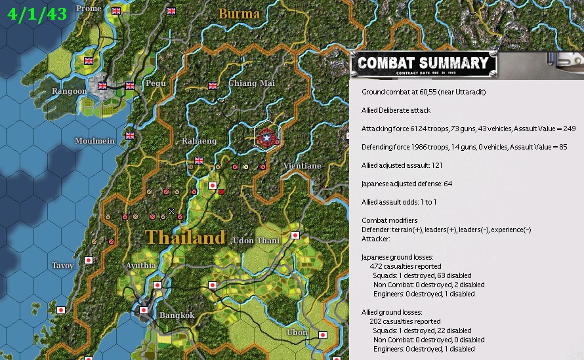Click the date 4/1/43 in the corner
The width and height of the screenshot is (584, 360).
37,14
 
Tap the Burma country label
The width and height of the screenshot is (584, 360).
239,14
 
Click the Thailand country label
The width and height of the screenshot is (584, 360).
185,237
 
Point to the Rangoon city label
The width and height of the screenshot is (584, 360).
70,91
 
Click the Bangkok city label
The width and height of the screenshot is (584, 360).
177,315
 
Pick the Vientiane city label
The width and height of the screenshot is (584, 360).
302,166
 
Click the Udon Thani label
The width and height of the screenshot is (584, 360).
257,241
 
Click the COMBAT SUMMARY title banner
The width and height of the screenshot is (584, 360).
423,64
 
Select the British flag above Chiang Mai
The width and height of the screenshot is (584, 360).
213,85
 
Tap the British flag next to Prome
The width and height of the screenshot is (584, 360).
116,10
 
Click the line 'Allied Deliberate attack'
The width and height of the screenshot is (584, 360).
396,110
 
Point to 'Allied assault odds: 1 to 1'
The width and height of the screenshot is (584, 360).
404,202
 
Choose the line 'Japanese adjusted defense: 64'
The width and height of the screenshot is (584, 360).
407,184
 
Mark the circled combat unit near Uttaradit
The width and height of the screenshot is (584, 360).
266,138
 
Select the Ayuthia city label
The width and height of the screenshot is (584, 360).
141,266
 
